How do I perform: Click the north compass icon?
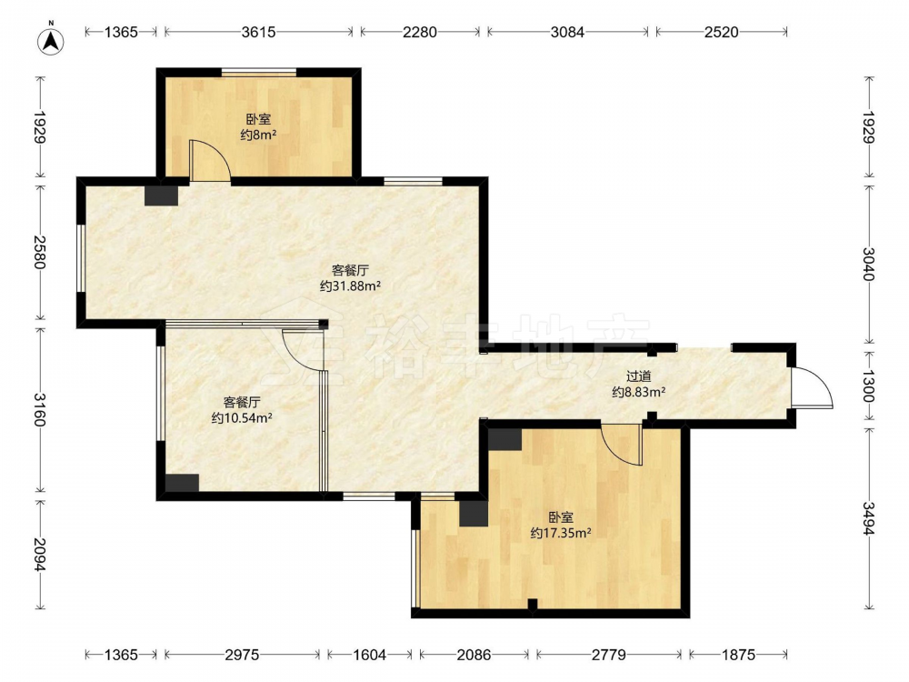click(50, 40)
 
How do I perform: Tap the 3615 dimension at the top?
click(258, 32)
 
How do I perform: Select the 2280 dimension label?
click(420, 32)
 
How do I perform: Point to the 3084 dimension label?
click(567, 32)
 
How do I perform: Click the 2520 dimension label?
click(722, 32)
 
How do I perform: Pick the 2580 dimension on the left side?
click(39, 252)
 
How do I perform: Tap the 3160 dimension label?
click(39, 409)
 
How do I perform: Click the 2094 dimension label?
click(39, 555)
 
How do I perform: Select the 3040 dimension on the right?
click(868, 264)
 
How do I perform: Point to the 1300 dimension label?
click(868, 386)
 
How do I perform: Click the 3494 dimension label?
click(868, 518)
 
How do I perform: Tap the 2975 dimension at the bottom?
click(242, 655)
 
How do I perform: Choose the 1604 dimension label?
click(370, 655)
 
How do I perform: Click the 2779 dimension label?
click(609, 655)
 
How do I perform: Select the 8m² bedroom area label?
click(258, 135)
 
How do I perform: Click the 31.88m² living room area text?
click(350, 286)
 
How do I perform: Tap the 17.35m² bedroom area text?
click(561, 532)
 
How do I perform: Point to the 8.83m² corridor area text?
click(638, 392)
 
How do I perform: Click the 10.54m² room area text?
click(242, 417)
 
